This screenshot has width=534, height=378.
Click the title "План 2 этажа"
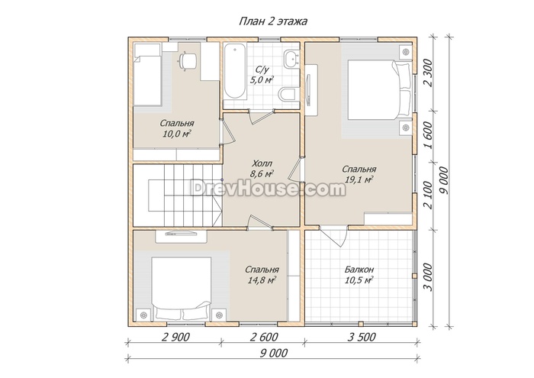[x=273, y=21]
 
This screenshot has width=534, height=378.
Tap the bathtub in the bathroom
[x=234, y=72]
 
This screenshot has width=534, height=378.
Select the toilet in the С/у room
[x=287, y=94]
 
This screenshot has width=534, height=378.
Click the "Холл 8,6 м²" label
[x=262, y=169]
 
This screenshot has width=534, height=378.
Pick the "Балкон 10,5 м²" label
[x=359, y=275]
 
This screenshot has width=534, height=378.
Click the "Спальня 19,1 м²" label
[x=359, y=175]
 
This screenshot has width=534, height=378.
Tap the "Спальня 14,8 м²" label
[x=262, y=275]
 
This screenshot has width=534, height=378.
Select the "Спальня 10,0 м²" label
[x=177, y=128]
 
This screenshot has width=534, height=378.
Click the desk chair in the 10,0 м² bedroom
[x=187, y=61]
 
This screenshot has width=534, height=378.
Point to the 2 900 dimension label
[x=175, y=337]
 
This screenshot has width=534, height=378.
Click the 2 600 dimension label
[x=264, y=337]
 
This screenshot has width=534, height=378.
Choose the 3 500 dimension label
[x=362, y=337]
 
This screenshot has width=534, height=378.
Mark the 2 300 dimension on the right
[x=429, y=73]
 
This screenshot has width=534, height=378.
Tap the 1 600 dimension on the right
[x=429, y=135]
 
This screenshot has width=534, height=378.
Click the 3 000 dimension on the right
[x=429, y=277]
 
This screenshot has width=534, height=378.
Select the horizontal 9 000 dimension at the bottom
[x=274, y=353]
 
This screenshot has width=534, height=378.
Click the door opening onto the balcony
[x=334, y=236]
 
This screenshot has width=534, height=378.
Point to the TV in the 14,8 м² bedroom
[x=181, y=234]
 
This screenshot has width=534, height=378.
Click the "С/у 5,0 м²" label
[x=262, y=75]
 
